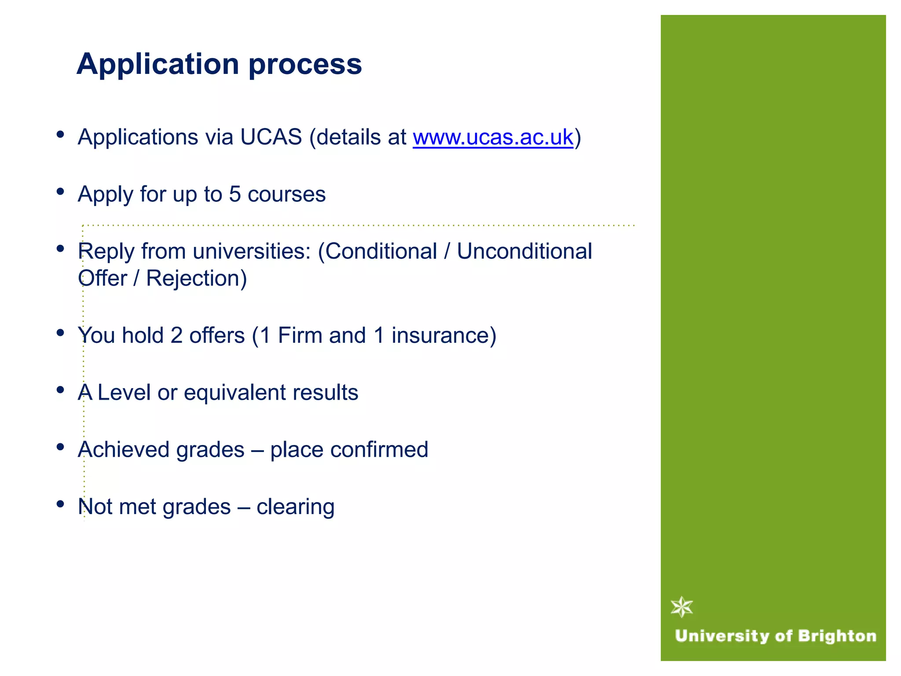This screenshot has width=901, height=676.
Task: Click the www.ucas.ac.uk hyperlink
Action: pos(493,137)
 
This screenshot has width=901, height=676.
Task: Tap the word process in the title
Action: pos(305,64)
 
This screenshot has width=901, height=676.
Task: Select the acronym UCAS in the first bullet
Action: pos(271,137)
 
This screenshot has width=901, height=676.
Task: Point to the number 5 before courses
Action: pos(235,194)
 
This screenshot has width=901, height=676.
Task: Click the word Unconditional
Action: pos(524,251)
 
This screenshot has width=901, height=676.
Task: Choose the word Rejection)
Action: pos(196,278)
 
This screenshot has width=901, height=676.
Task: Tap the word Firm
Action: pos(300,335)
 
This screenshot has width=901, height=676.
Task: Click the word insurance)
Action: pos(443,335)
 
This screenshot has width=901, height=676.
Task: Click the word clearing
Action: pos(295,507)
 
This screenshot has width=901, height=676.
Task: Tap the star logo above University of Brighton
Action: pos(682,607)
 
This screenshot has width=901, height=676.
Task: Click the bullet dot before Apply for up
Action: pos(61,191)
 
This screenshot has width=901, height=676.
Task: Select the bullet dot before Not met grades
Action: pos(61,504)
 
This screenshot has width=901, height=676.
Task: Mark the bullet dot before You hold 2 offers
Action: pos(61,333)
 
